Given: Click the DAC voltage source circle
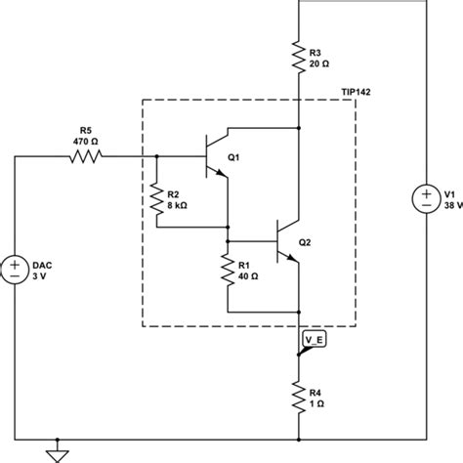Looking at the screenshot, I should coord(17,269).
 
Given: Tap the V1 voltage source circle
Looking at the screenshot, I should coord(429,200).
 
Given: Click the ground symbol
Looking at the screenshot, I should coord(59,453).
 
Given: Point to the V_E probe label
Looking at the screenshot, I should coord(315,340).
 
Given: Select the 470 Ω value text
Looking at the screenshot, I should coord(86,139).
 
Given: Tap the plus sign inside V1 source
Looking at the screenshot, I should coord(429,193).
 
